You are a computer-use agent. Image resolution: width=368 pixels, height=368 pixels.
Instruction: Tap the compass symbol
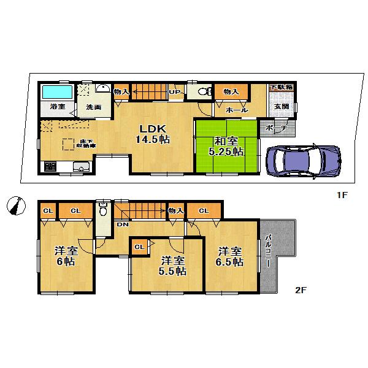tap(15, 205)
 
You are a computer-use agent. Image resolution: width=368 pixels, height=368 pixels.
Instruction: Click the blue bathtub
tap(57, 93)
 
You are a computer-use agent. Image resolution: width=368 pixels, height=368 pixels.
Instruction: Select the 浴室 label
tap(57, 107)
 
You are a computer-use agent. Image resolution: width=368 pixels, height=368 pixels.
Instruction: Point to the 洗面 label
tap(94, 107)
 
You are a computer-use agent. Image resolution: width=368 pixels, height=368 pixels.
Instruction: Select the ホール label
tap(237, 110)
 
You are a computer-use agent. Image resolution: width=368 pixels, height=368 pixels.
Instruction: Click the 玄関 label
tap(281, 106)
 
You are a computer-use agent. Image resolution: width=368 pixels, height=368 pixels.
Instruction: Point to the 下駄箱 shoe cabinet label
tap(281, 88)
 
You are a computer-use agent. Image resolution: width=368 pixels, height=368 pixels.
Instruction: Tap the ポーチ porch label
tap(277, 128)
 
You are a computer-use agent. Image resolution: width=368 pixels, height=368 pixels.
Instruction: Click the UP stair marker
tap(175, 93)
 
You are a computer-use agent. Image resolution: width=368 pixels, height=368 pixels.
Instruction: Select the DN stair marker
tap(123, 224)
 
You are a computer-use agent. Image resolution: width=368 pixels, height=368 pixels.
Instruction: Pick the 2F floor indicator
tap(301, 291)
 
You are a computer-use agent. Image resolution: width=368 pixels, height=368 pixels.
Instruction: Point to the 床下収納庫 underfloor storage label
tap(85, 144)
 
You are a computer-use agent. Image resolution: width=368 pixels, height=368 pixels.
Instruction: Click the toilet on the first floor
tap(203, 93)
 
